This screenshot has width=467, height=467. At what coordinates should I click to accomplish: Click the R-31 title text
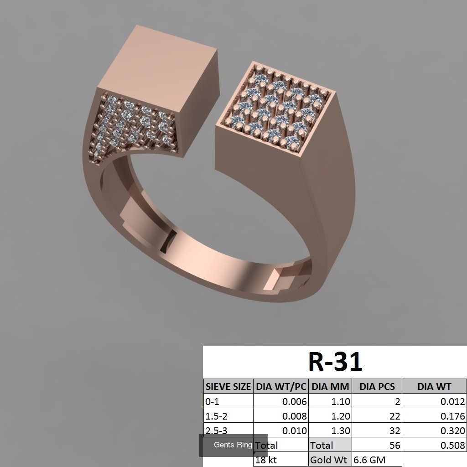tap(335, 362)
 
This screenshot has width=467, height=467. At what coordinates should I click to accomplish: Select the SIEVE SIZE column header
tap(228, 387)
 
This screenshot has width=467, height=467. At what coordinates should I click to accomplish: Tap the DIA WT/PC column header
tap(281, 387)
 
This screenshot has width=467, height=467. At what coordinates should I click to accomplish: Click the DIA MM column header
tap(330, 387)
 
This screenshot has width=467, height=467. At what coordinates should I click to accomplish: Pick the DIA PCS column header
tap(377, 387)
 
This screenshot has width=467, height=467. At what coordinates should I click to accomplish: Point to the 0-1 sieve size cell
tap(213, 402)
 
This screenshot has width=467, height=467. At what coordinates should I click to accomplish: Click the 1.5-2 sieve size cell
tap(217, 416)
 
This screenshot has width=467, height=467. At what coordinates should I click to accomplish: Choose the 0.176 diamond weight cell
tap(452, 416)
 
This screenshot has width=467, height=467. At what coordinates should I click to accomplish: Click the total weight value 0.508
tap(452, 445)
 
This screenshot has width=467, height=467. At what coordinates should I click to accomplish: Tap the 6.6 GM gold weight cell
tap(370, 460)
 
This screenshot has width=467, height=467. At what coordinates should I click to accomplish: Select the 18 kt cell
tap(267, 460)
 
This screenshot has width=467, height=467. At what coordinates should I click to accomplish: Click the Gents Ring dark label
tap(233, 445)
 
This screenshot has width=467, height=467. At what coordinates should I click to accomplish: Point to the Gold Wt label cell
tap(328, 460)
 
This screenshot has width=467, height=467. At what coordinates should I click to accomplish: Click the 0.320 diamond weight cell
tap(452, 431)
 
